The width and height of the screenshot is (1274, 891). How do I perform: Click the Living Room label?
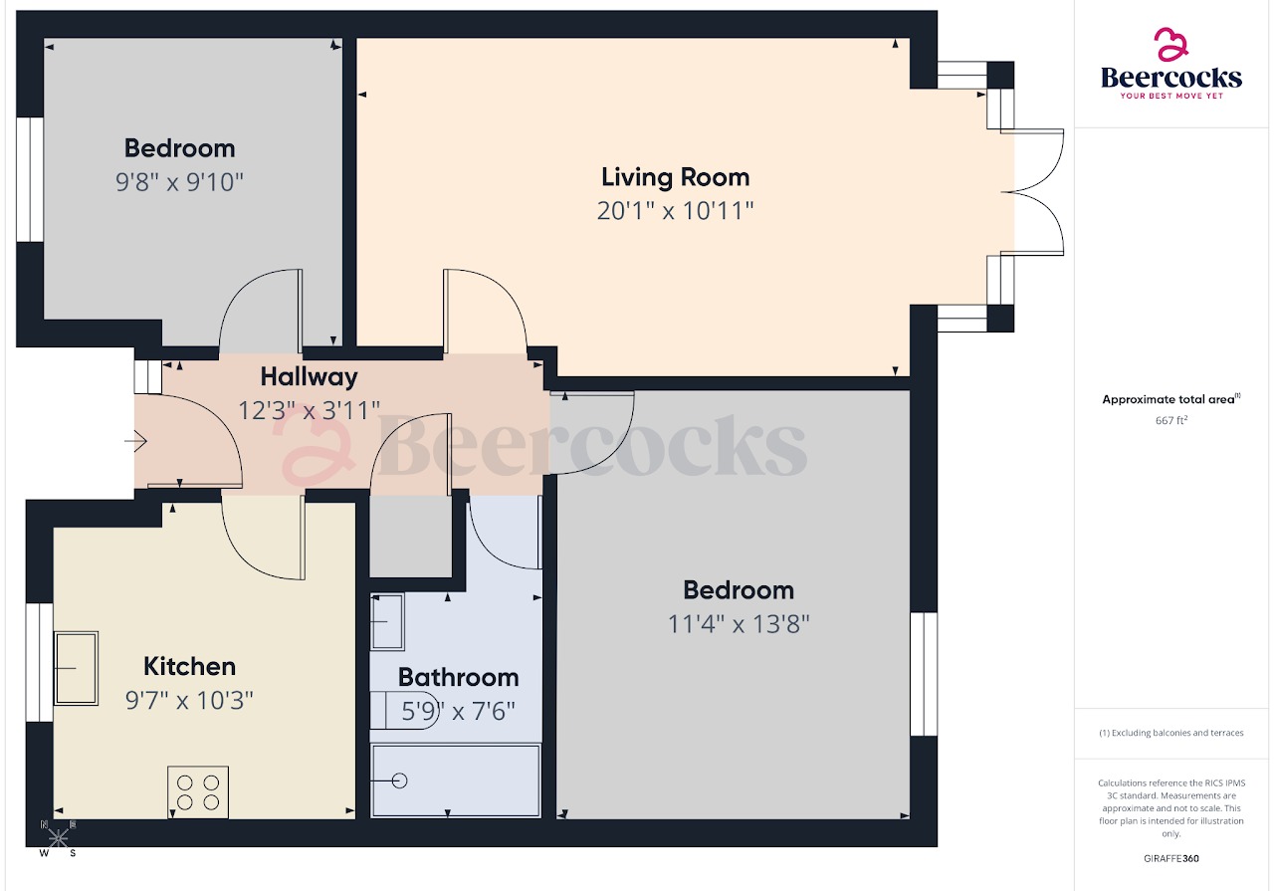[675, 177]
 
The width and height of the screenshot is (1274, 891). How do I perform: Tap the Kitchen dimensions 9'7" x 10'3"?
[189, 700]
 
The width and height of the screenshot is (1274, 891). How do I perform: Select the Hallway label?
[309, 377]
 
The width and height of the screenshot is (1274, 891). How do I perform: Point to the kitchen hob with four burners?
[197, 791]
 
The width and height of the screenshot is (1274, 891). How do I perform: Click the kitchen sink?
[76, 667]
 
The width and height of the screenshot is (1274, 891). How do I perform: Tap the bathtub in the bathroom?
[456, 780]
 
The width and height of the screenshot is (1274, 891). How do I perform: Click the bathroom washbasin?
[386, 621]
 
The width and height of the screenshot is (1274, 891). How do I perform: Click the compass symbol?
[58, 838]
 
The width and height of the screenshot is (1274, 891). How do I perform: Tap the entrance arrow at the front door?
[135, 440]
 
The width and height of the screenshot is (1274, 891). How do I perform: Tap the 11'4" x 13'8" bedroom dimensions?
[739, 624]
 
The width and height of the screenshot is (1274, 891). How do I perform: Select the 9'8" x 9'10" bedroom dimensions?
[179, 182]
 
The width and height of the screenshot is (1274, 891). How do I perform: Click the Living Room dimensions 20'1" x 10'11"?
[675, 211]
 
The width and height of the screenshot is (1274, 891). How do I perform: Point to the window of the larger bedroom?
[924, 674]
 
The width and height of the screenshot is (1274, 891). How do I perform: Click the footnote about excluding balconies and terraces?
[1170, 733]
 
